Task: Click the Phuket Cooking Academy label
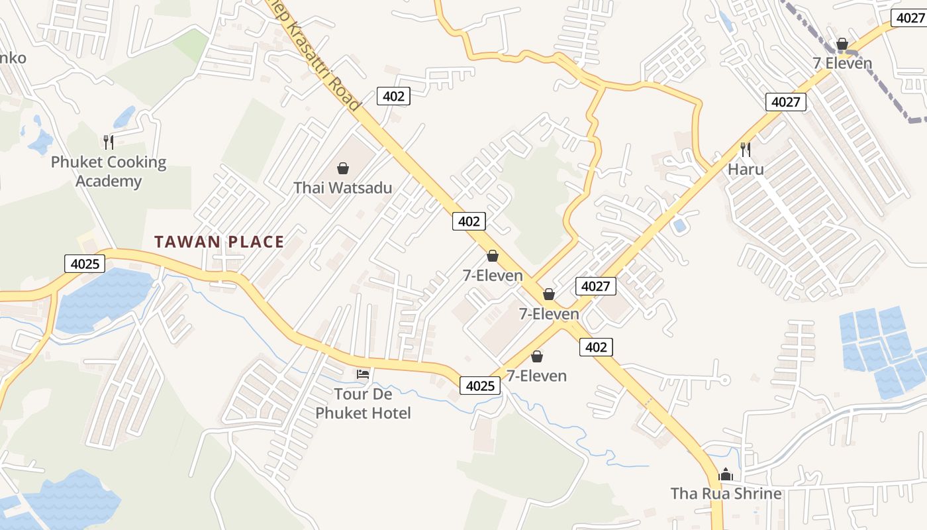tap(109, 172)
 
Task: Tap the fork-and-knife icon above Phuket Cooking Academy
tap(109, 142)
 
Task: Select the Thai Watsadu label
tap(343, 187)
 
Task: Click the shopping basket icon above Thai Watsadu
tap(343, 168)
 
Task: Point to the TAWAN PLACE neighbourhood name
tap(219, 242)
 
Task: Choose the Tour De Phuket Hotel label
tap(363, 403)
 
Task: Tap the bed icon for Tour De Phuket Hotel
tap(363, 374)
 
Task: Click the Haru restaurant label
tap(746, 169)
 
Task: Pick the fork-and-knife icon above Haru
tap(746, 148)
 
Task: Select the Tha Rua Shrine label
tap(726, 494)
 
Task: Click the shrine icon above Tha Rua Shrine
tap(726, 474)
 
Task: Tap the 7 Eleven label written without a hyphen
tap(842, 64)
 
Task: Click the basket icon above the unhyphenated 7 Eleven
tap(842, 44)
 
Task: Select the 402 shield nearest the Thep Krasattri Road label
tap(393, 96)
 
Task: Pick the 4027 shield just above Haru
tap(787, 102)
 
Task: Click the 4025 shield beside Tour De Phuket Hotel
tap(480, 385)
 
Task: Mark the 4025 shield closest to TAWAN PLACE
tap(85, 264)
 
